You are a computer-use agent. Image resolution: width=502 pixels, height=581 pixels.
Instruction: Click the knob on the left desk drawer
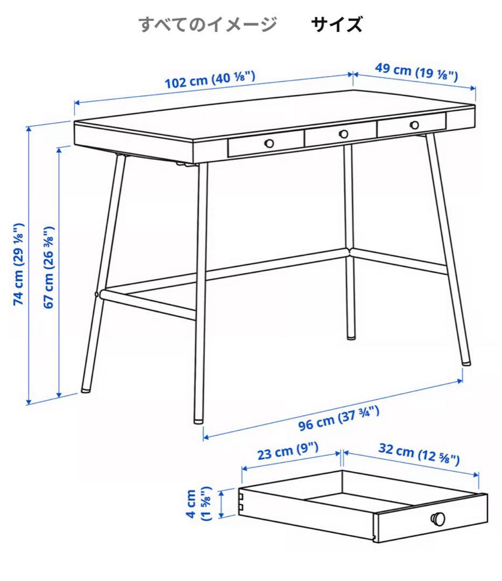click(x=269, y=143)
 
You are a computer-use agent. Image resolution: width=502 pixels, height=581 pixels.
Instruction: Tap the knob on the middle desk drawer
click(x=343, y=133)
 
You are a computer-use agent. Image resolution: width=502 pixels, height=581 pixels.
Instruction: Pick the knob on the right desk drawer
click(x=414, y=125)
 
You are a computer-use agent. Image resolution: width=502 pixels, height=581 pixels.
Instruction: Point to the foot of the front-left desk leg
click(x=85, y=388)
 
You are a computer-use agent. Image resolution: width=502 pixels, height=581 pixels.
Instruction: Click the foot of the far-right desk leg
click(x=465, y=363)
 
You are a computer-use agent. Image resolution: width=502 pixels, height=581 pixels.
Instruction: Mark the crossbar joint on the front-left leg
click(x=99, y=294)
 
